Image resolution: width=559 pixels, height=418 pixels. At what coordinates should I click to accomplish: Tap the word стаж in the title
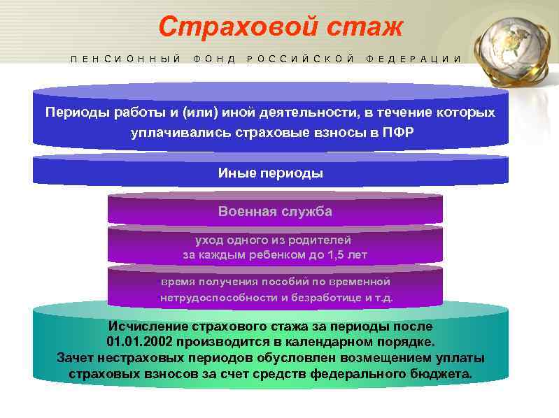(x=363, y=27)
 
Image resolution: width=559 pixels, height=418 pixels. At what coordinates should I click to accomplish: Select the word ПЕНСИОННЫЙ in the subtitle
(x=126, y=59)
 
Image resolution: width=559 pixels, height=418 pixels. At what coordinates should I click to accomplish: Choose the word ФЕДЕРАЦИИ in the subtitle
(x=413, y=59)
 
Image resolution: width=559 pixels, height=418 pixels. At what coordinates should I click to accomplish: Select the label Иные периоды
(x=271, y=173)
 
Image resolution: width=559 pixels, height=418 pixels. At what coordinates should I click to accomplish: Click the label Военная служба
(x=275, y=211)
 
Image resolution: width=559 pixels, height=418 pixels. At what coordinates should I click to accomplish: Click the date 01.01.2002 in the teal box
(x=140, y=343)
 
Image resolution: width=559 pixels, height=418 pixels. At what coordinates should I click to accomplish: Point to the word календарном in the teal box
(x=335, y=343)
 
